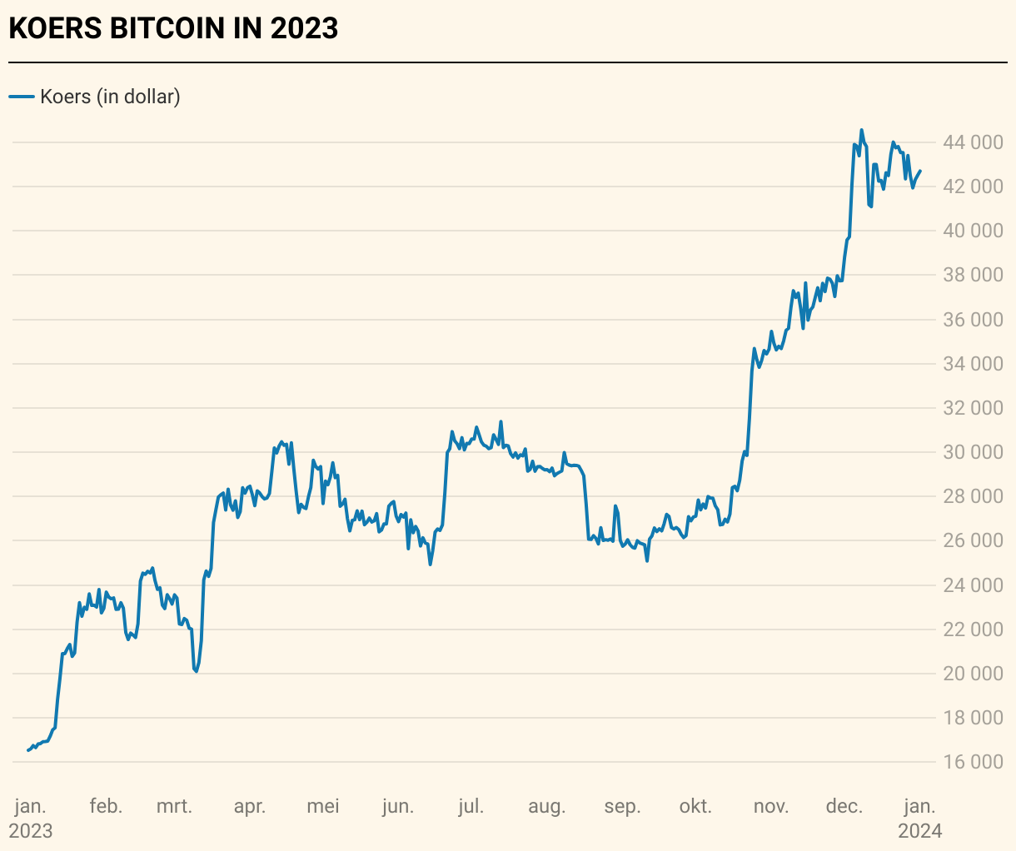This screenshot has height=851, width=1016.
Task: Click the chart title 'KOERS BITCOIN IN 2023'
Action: click(x=173, y=28)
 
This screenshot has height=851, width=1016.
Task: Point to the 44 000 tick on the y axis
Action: click(x=972, y=142)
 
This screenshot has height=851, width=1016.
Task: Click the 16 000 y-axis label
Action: click(x=972, y=762)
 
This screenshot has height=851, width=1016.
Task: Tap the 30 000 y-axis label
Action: click(x=972, y=452)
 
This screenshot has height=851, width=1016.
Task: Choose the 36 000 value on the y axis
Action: click(x=972, y=320)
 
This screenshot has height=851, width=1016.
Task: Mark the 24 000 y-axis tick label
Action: click(x=972, y=585)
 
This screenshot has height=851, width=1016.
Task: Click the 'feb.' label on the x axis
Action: click(x=106, y=806)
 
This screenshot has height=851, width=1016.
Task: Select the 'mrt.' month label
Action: click(x=174, y=806)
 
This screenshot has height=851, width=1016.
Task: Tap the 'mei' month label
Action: click(x=323, y=806)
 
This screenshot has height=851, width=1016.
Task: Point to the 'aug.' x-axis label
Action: click(x=546, y=806)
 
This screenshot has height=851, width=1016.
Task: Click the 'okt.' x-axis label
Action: click(x=695, y=806)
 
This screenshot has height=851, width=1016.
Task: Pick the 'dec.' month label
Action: click(x=844, y=806)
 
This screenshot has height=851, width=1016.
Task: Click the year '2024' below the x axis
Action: click(x=919, y=831)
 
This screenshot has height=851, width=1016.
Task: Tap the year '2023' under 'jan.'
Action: click(x=31, y=831)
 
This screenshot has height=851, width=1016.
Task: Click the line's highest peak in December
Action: click(x=861, y=130)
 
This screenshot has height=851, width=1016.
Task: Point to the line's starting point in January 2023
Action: click(x=28, y=750)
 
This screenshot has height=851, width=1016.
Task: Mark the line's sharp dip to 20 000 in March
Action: click(x=196, y=671)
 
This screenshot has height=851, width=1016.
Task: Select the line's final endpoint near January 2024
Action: click(x=920, y=171)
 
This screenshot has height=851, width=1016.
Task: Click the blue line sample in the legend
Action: click(x=21, y=97)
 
